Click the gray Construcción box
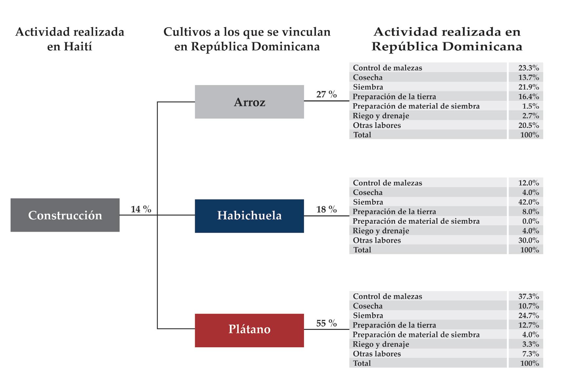[x=65, y=215]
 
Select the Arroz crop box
[x=249, y=102]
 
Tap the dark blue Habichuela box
[x=249, y=216]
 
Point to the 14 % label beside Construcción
[x=141, y=209]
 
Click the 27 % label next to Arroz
[x=326, y=95]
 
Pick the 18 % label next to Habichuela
[x=326, y=209]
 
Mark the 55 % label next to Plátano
[x=326, y=323]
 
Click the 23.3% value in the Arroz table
[x=528, y=68]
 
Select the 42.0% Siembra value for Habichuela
[x=528, y=202]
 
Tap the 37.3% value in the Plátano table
[x=528, y=296]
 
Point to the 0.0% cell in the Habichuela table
[x=530, y=221]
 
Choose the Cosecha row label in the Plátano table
[x=368, y=306]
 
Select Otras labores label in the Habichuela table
[x=377, y=240]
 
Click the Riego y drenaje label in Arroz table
[x=381, y=116]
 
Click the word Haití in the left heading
[x=78, y=47]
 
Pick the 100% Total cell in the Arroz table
[x=529, y=135]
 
